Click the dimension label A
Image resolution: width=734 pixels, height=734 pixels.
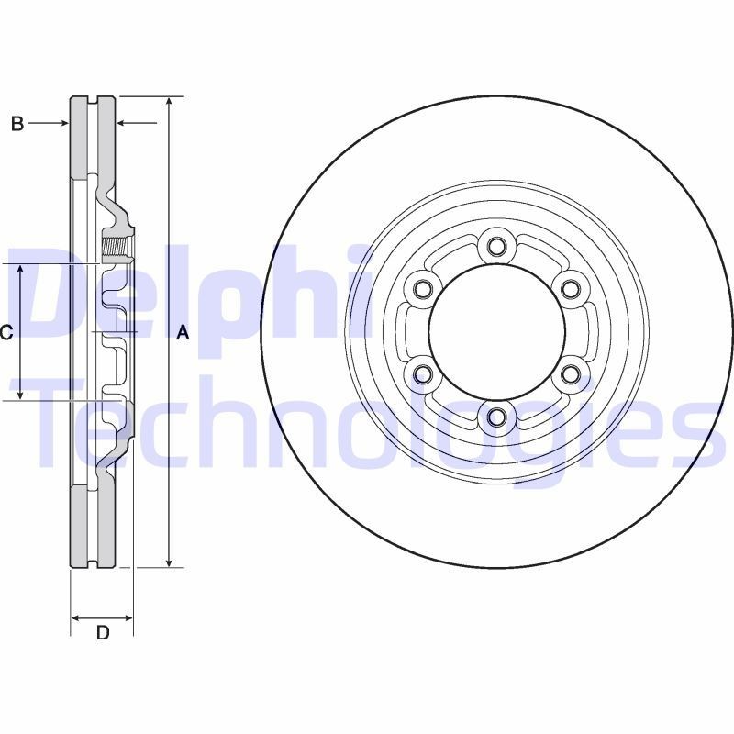(183, 333)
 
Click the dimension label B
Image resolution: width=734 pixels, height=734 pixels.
(17, 124)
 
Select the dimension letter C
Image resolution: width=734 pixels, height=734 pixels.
(6, 333)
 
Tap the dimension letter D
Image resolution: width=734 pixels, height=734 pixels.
(103, 632)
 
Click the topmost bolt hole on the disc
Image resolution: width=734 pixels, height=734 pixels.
(496, 246)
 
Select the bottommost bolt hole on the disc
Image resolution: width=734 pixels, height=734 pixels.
(496, 417)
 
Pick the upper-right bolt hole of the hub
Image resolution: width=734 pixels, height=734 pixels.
(571, 289)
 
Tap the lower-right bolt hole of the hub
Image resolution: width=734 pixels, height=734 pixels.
(571, 374)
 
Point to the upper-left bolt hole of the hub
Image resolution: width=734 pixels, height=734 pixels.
(422, 289)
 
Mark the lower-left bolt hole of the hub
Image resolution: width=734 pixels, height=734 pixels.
(422, 374)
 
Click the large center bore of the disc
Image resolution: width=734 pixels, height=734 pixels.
(496, 331)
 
